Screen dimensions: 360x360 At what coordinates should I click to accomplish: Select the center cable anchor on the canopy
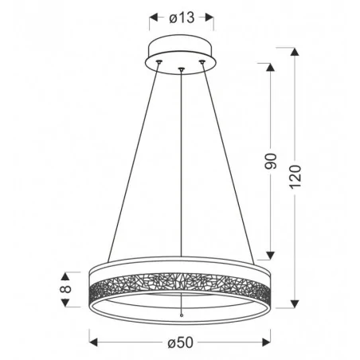(x=182, y=70)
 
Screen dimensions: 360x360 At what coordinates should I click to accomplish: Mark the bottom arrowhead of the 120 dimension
(x=296, y=303)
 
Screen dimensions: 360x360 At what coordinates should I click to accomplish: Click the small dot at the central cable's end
(x=182, y=316)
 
